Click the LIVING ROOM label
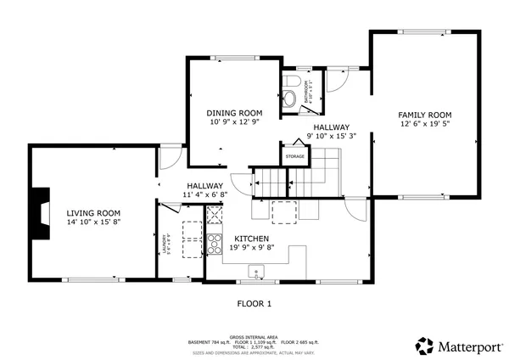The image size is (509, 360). pos(93,213)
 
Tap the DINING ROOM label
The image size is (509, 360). pos(234,113)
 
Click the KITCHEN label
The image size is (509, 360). pos(252,239)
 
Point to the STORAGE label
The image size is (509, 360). pos(294,157)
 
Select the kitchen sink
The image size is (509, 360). pos(257,273)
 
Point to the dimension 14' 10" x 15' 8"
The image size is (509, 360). pos(93,222)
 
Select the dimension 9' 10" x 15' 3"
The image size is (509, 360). pos(331,136)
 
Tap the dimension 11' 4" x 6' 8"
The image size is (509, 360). pos(204,195)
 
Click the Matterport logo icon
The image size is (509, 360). pos(424,346)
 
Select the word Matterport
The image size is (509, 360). pos(466,346)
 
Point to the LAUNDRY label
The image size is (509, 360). pos(166,244)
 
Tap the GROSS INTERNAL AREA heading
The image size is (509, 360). pos(255,337)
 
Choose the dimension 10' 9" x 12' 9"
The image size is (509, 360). pos(234,122)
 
